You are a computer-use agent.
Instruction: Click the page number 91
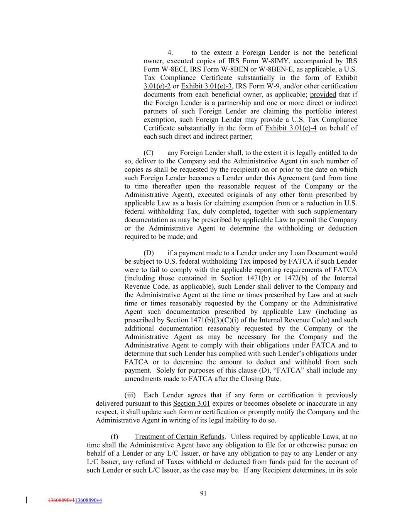[203, 493]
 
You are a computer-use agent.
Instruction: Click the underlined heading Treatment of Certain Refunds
[179, 437]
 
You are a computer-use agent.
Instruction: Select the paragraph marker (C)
[149, 153]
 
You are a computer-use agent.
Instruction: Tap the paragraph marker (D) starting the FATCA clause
[149, 253]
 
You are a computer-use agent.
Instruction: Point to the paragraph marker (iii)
[130, 395]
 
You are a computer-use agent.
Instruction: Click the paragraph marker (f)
[114, 437]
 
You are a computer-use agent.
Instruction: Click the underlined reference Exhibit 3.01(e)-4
[290, 128]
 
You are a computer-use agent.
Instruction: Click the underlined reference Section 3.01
[191, 403]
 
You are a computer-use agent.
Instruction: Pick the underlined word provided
[323, 95]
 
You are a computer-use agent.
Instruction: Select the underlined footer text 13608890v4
[88, 500]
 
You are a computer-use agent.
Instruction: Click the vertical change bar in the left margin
[26, 500]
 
